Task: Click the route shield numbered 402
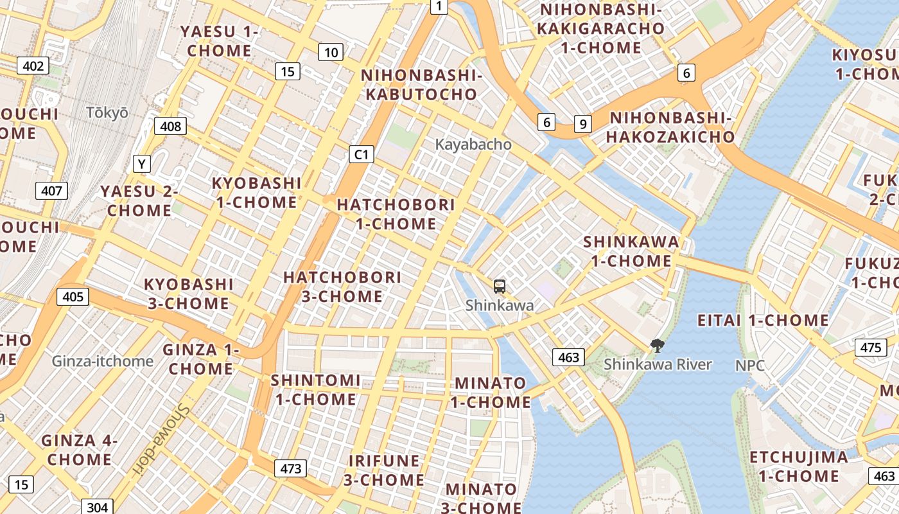point(33,66)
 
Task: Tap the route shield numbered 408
point(170,126)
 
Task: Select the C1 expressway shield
point(362,154)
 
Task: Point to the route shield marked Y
point(141,164)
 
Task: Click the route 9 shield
point(582,124)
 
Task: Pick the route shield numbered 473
point(290,468)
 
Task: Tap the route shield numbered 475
point(870,348)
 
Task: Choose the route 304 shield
point(97,507)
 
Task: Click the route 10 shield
point(330,52)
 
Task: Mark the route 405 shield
point(73,296)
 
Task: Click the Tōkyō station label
point(107,112)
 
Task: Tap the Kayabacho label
point(473,145)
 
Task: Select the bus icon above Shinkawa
point(500,287)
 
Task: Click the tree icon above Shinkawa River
point(657,346)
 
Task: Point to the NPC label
point(750,366)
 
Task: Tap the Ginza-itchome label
point(103,361)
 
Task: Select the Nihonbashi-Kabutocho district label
point(421,85)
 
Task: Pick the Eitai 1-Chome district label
point(763,320)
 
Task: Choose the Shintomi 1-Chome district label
point(315,389)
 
